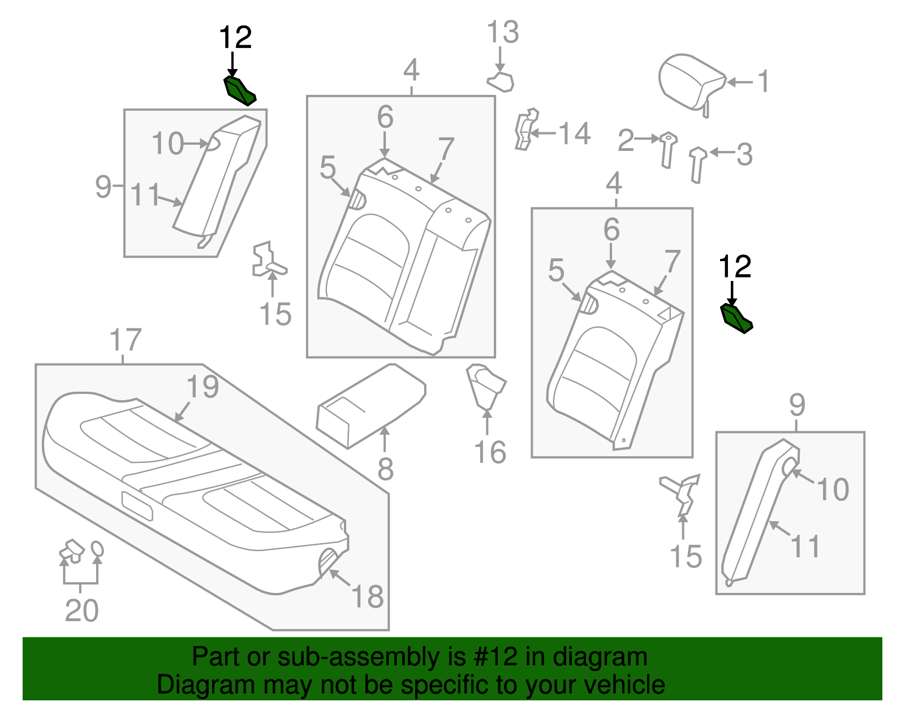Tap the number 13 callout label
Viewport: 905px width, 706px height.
pos(502,32)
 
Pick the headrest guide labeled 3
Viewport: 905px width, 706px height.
pos(698,164)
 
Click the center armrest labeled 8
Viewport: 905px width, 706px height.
pos(370,406)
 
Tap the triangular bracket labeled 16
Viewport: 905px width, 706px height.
pos(485,386)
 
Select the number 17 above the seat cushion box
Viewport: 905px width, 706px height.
pos(125,340)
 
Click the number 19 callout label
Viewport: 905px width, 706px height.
pos(202,387)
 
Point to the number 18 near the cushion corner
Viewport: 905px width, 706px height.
pos(368,596)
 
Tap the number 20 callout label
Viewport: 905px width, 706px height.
pos(81,610)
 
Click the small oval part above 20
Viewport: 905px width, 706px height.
pos(97,549)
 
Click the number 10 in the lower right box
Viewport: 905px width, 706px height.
pos(833,490)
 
